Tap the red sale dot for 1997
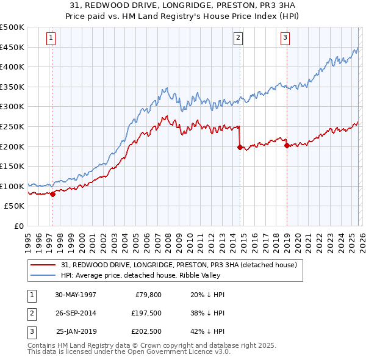tap(52, 194)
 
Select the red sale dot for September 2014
tap(240, 147)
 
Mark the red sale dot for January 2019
tap(287, 145)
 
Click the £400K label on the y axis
tap(12, 67)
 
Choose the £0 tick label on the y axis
tap(18, 226)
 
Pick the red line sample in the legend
tap(43, 265)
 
